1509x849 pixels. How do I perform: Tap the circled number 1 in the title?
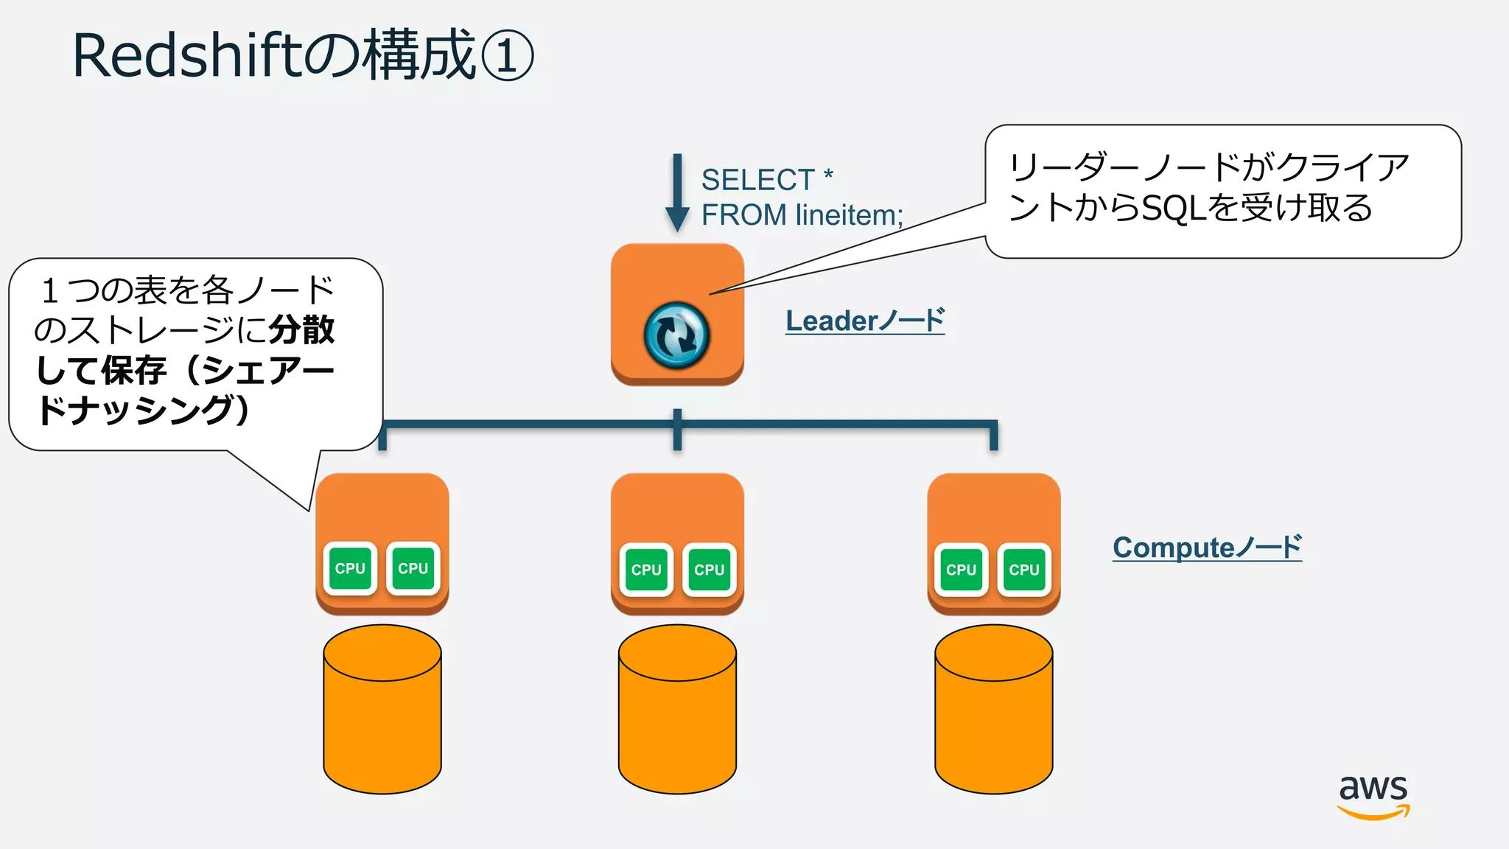507,56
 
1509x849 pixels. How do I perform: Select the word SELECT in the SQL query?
757,180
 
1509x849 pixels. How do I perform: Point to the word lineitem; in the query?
849,215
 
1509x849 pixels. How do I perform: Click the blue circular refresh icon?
676,335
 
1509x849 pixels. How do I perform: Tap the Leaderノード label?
865,321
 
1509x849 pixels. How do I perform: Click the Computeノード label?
1207,548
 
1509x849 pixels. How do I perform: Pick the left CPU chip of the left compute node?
350,568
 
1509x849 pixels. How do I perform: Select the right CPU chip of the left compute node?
413,568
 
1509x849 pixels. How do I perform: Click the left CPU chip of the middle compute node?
646,570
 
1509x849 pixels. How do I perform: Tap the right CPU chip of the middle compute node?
709,570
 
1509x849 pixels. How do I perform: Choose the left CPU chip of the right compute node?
961,570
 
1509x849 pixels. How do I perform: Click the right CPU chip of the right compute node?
1024,570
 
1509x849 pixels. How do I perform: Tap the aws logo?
1373,795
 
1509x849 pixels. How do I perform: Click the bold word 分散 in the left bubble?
301,329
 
